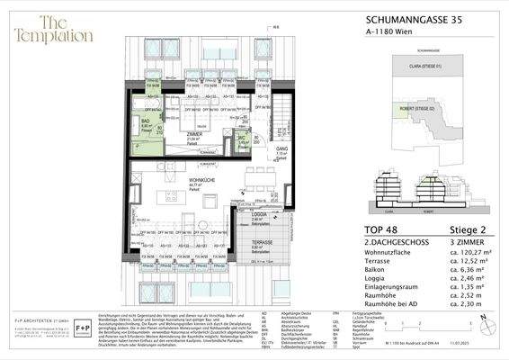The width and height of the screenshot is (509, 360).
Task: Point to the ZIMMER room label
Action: tap(192, 134)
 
